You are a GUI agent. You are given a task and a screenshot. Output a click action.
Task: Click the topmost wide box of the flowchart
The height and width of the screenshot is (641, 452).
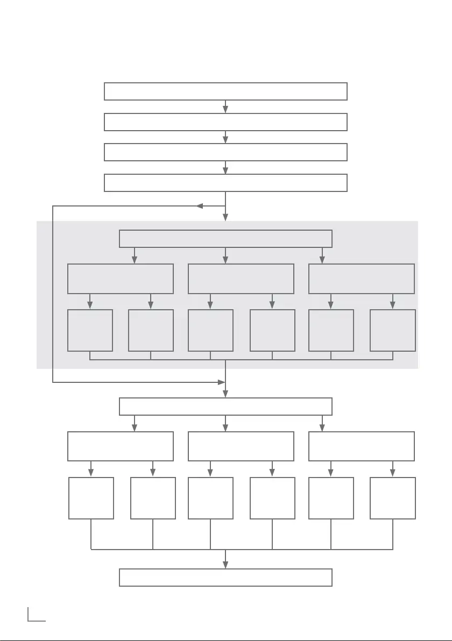point(225,91)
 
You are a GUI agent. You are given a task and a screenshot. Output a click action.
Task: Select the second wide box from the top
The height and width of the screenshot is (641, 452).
point(225,122)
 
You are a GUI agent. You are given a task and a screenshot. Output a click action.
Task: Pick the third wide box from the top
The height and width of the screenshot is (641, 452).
point(225,152)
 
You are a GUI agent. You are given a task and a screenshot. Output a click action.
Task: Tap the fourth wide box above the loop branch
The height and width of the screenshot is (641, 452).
point(225,183)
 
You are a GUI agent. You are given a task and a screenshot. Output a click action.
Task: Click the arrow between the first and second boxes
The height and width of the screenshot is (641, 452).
point(225,108)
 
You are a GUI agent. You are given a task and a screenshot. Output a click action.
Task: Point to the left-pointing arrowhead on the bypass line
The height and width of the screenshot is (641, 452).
point(200,206)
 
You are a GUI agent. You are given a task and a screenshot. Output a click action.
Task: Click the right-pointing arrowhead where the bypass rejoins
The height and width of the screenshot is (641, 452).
point(221,382)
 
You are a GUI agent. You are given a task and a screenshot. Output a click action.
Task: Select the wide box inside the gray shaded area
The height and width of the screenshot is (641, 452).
point(225,239)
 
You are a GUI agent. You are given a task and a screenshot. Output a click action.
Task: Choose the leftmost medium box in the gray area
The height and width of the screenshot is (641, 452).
point(121,279)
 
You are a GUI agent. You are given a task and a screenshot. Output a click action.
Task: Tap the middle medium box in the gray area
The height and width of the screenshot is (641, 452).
point(241,279)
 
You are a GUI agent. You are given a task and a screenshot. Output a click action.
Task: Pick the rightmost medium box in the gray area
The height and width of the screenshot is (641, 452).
point(362,279)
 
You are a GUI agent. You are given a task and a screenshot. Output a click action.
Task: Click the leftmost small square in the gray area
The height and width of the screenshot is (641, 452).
point(90,330)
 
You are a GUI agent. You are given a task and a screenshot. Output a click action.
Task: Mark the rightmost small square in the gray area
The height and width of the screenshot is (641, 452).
point(393,330)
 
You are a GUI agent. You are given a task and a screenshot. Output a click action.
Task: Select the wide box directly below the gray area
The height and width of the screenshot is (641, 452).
point(225,407)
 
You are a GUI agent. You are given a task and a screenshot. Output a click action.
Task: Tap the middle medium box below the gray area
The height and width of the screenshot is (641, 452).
point(241,446)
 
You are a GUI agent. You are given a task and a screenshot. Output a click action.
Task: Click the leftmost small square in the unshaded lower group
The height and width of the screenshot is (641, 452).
point(91,498)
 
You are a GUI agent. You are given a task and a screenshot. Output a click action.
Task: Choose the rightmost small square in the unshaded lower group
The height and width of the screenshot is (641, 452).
point(393,498)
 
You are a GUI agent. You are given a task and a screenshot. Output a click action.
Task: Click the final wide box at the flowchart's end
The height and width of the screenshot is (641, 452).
point(225,578)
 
